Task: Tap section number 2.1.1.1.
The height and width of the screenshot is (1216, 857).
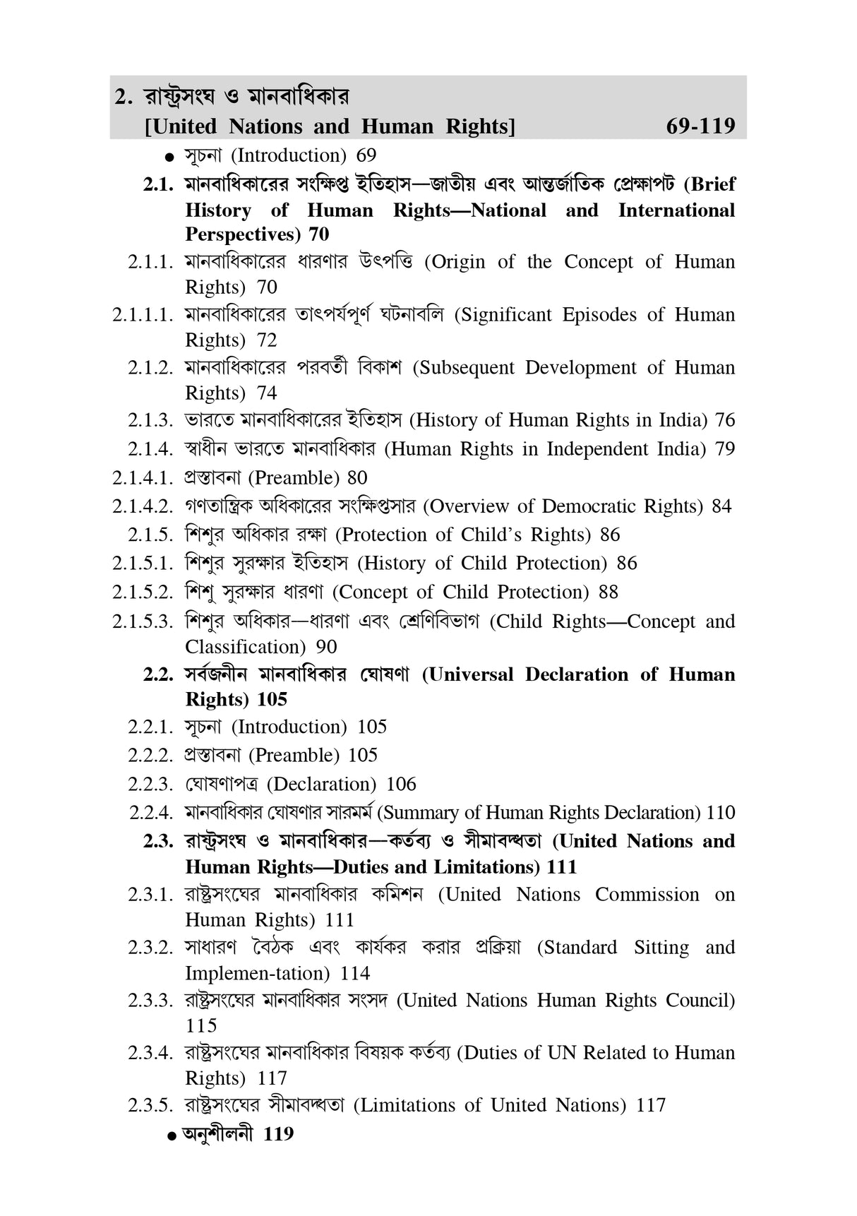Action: tap(143, 315)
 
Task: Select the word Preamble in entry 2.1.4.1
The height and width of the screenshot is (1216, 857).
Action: tap(296, 478)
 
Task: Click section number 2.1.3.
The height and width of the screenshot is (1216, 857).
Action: tap(150, 421)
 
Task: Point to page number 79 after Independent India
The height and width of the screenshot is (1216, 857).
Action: tap(724, 449)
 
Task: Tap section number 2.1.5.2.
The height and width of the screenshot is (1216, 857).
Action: tap(143, 592)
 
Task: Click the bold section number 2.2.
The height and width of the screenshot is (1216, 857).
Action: tap(158, 675)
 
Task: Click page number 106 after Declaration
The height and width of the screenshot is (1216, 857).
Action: tap(401, 785)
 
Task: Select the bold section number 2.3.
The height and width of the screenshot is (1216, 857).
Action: tap(158, 842)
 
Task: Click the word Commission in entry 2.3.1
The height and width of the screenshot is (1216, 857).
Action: tap(647, 895)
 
